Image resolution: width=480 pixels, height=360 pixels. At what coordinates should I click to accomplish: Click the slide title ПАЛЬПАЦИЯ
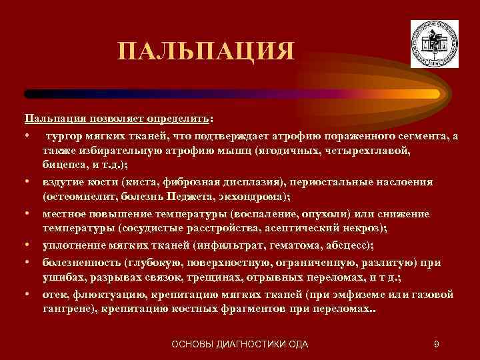tap(205, 51)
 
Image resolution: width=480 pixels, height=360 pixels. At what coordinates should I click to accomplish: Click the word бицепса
tap(64, 165)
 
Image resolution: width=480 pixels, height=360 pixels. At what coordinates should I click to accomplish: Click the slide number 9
tap(435, 344)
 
